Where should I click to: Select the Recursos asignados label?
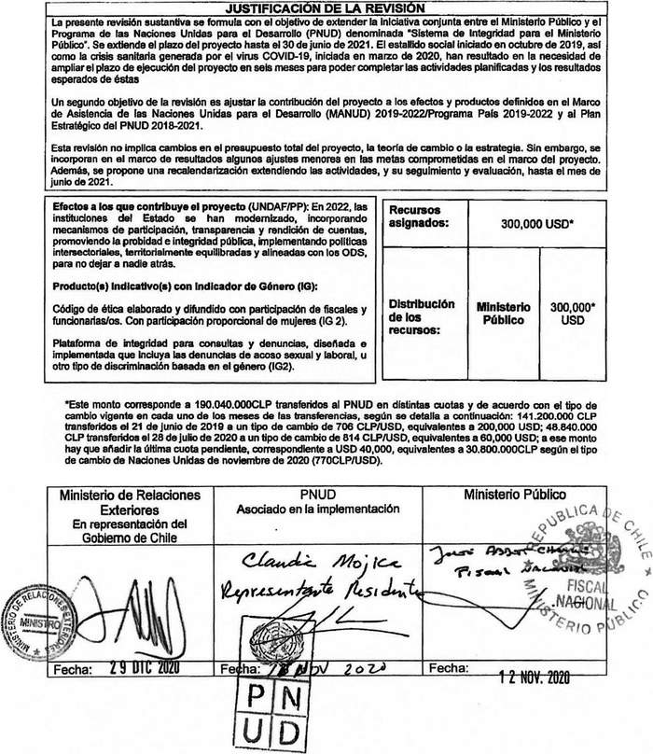pos(415,217)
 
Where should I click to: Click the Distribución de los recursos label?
pos(422,317)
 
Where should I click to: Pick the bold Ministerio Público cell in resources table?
pos(503,313)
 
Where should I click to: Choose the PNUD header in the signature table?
pos(325,494)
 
